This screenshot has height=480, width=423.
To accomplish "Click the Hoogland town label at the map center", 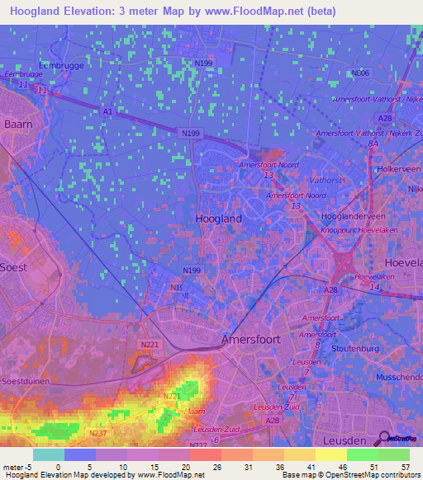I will point(219,219).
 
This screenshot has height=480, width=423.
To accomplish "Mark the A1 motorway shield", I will point(107,111).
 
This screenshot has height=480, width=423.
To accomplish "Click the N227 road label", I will point(198,445).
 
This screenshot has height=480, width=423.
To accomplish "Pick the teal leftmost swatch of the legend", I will point(49,454).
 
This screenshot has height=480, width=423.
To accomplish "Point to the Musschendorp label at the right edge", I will point(400,374).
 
